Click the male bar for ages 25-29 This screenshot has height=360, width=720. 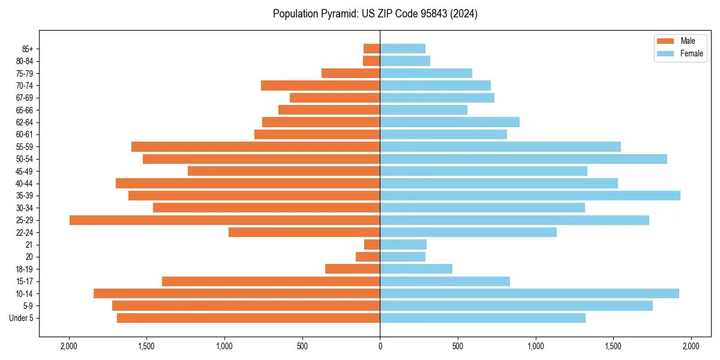tap(224, 220)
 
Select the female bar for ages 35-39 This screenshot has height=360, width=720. tap(530, 196)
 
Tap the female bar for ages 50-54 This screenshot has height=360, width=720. tap(523, 159)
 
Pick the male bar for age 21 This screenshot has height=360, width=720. tap(372, 245)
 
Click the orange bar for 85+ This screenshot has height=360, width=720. tap(371, 49)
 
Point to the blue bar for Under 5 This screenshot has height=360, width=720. tap(482, 318)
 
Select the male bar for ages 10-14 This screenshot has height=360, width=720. tap(236, 293)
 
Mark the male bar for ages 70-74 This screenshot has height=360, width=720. tap(320, 85)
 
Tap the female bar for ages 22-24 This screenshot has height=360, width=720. tap(468, 232)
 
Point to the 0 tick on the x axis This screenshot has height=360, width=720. tap(380, 346)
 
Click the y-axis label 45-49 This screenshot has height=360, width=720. tap(25, 171)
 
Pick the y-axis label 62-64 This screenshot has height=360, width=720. tap(25, 122)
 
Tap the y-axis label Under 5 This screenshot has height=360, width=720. tap(22, 318)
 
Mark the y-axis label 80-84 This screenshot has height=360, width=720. tap(25, 61)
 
